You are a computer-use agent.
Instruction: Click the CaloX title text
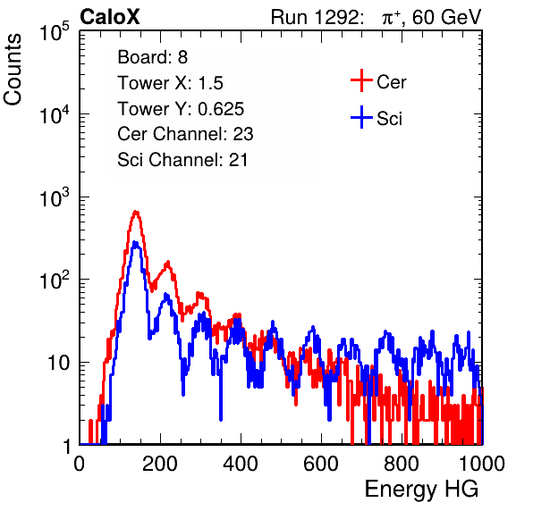click(x=110, y=17)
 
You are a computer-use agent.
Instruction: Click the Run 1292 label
click(x=315, y=17)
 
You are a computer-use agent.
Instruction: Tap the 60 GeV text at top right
click(x=446, y=17)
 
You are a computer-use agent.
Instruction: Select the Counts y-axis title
click(x=13, y=70)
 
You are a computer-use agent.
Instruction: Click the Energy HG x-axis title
click(x=421, y=490)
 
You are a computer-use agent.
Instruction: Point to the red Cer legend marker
click(x=361, y=80)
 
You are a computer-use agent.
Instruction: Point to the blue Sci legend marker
click(x=361, y=118)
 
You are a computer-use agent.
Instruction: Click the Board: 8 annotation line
click(x=153, y=57)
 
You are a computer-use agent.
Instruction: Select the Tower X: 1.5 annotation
click(x=170, y=83)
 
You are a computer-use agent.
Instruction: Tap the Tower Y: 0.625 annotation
click(x=181, y=109)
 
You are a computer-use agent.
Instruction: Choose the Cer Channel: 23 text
click(x=185, y=134)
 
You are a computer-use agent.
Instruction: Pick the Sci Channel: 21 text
click(x=182, y=160)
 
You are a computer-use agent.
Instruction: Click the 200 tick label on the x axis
click(x=160, y=464)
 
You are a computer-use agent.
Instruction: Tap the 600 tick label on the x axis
click(x=321, y=464)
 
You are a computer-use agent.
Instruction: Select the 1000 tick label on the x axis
click(x=482, y=464)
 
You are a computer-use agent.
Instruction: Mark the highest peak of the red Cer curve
click(x=136, y=212)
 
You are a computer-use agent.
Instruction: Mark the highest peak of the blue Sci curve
click(x=135, y=242)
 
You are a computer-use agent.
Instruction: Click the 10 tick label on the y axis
click(x=59, y=363)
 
